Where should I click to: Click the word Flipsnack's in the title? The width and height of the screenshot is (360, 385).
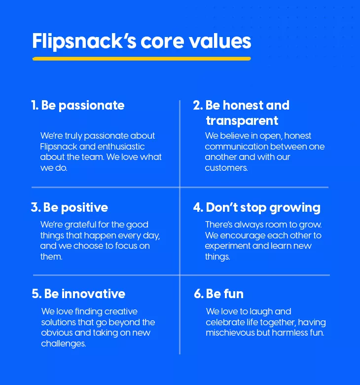coord(84,41)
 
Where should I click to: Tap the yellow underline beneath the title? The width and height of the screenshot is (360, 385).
coord(142,59)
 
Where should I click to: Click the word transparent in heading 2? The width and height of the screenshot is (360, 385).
coord(242,121)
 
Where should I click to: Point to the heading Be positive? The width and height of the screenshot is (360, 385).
coord(75,208)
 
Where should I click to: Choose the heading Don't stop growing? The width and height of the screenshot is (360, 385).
coord(263,208)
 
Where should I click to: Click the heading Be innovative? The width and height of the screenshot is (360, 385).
coord(85,294)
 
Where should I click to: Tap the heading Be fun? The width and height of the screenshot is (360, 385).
coord(224,294)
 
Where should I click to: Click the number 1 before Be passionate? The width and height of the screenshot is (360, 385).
coord(35,105)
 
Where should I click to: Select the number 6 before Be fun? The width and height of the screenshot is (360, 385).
coord(198,294)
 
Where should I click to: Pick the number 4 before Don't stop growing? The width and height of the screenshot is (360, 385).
coord(198,207)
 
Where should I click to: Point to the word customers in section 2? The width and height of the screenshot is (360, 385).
coord(226,168)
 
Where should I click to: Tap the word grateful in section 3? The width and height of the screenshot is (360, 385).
coord(80,225)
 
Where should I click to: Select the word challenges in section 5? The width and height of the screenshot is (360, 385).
coord(64,344)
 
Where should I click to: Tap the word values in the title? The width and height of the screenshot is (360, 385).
coord(219,41)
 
